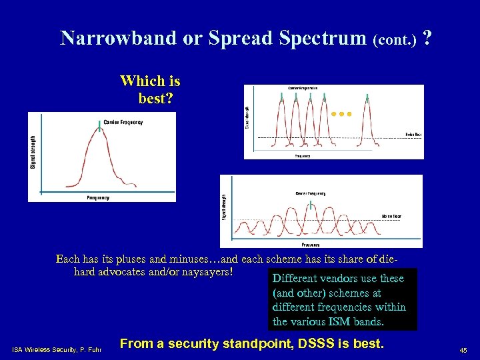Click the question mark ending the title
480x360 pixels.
(426, 38)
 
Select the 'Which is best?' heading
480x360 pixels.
(150, 90)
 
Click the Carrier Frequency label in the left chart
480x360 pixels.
(124, 122)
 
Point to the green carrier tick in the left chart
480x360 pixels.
(100, 126)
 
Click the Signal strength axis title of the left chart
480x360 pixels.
(33, 152)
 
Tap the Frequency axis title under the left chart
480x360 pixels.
(98, 198)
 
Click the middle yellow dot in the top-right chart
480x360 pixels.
(341, 114)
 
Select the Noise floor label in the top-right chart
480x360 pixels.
(413, 135)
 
